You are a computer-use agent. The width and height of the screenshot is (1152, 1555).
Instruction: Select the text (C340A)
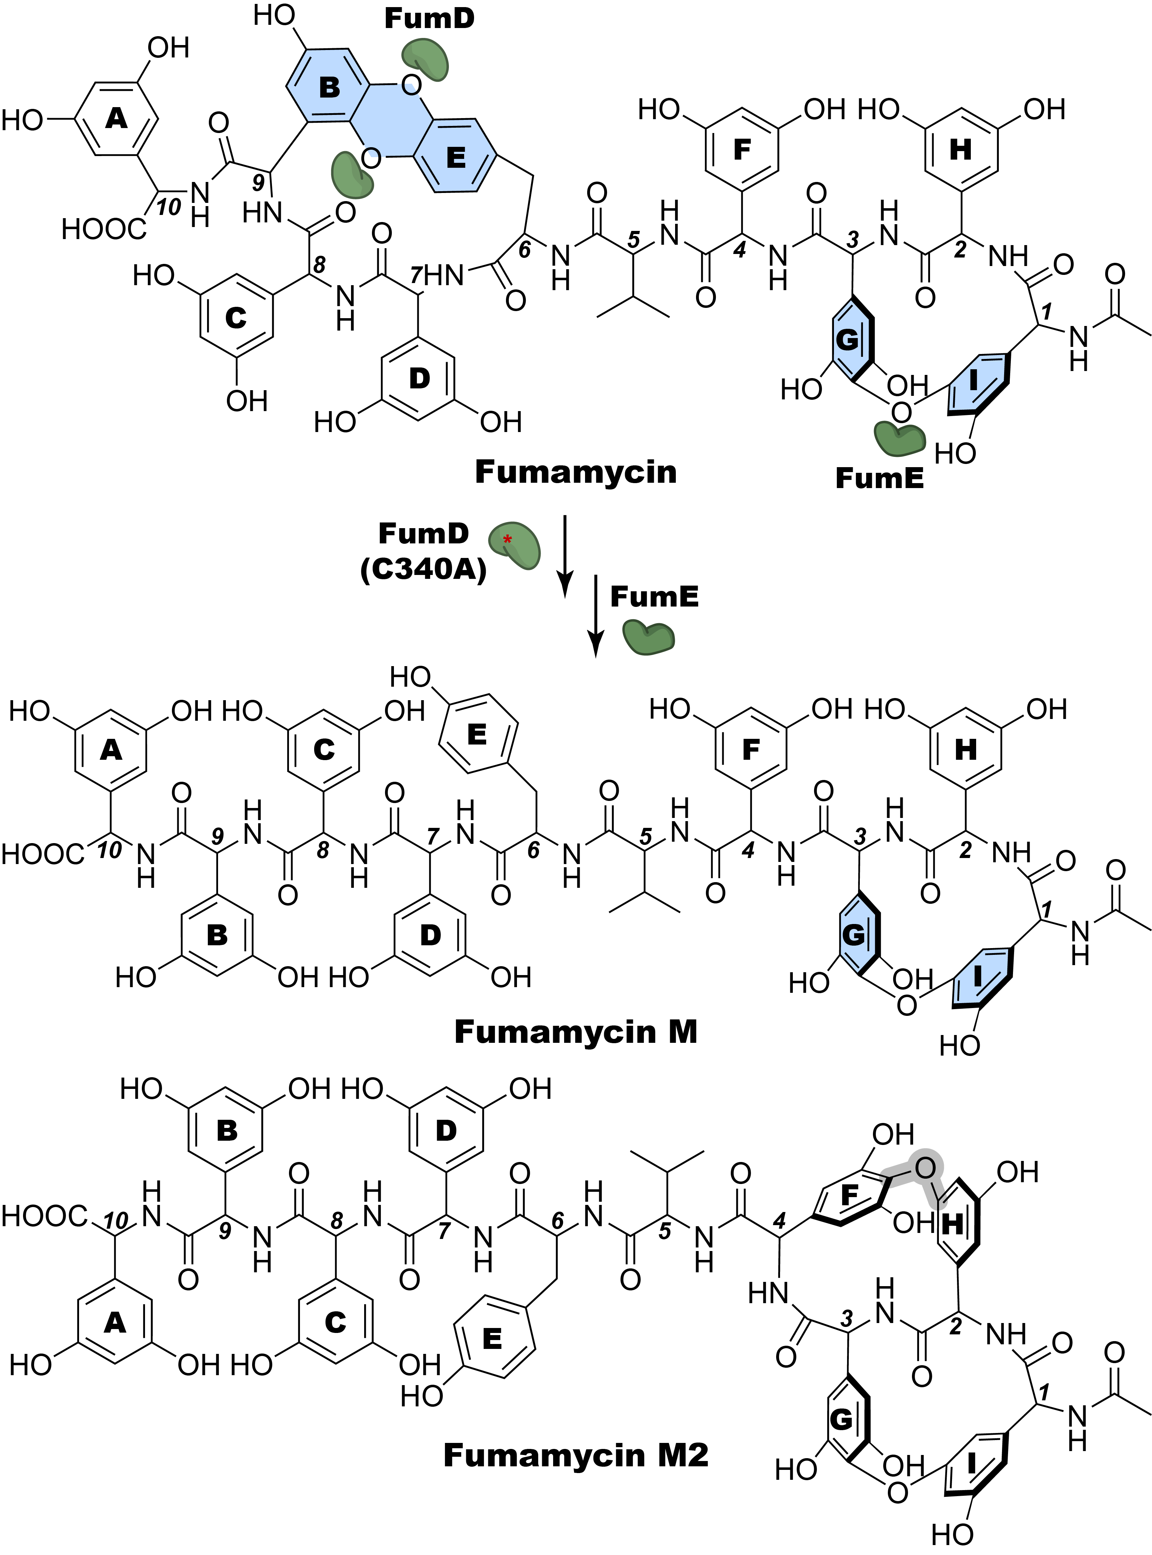point(423,570)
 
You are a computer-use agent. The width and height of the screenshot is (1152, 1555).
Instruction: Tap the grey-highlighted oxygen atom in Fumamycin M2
point(925,1167)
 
